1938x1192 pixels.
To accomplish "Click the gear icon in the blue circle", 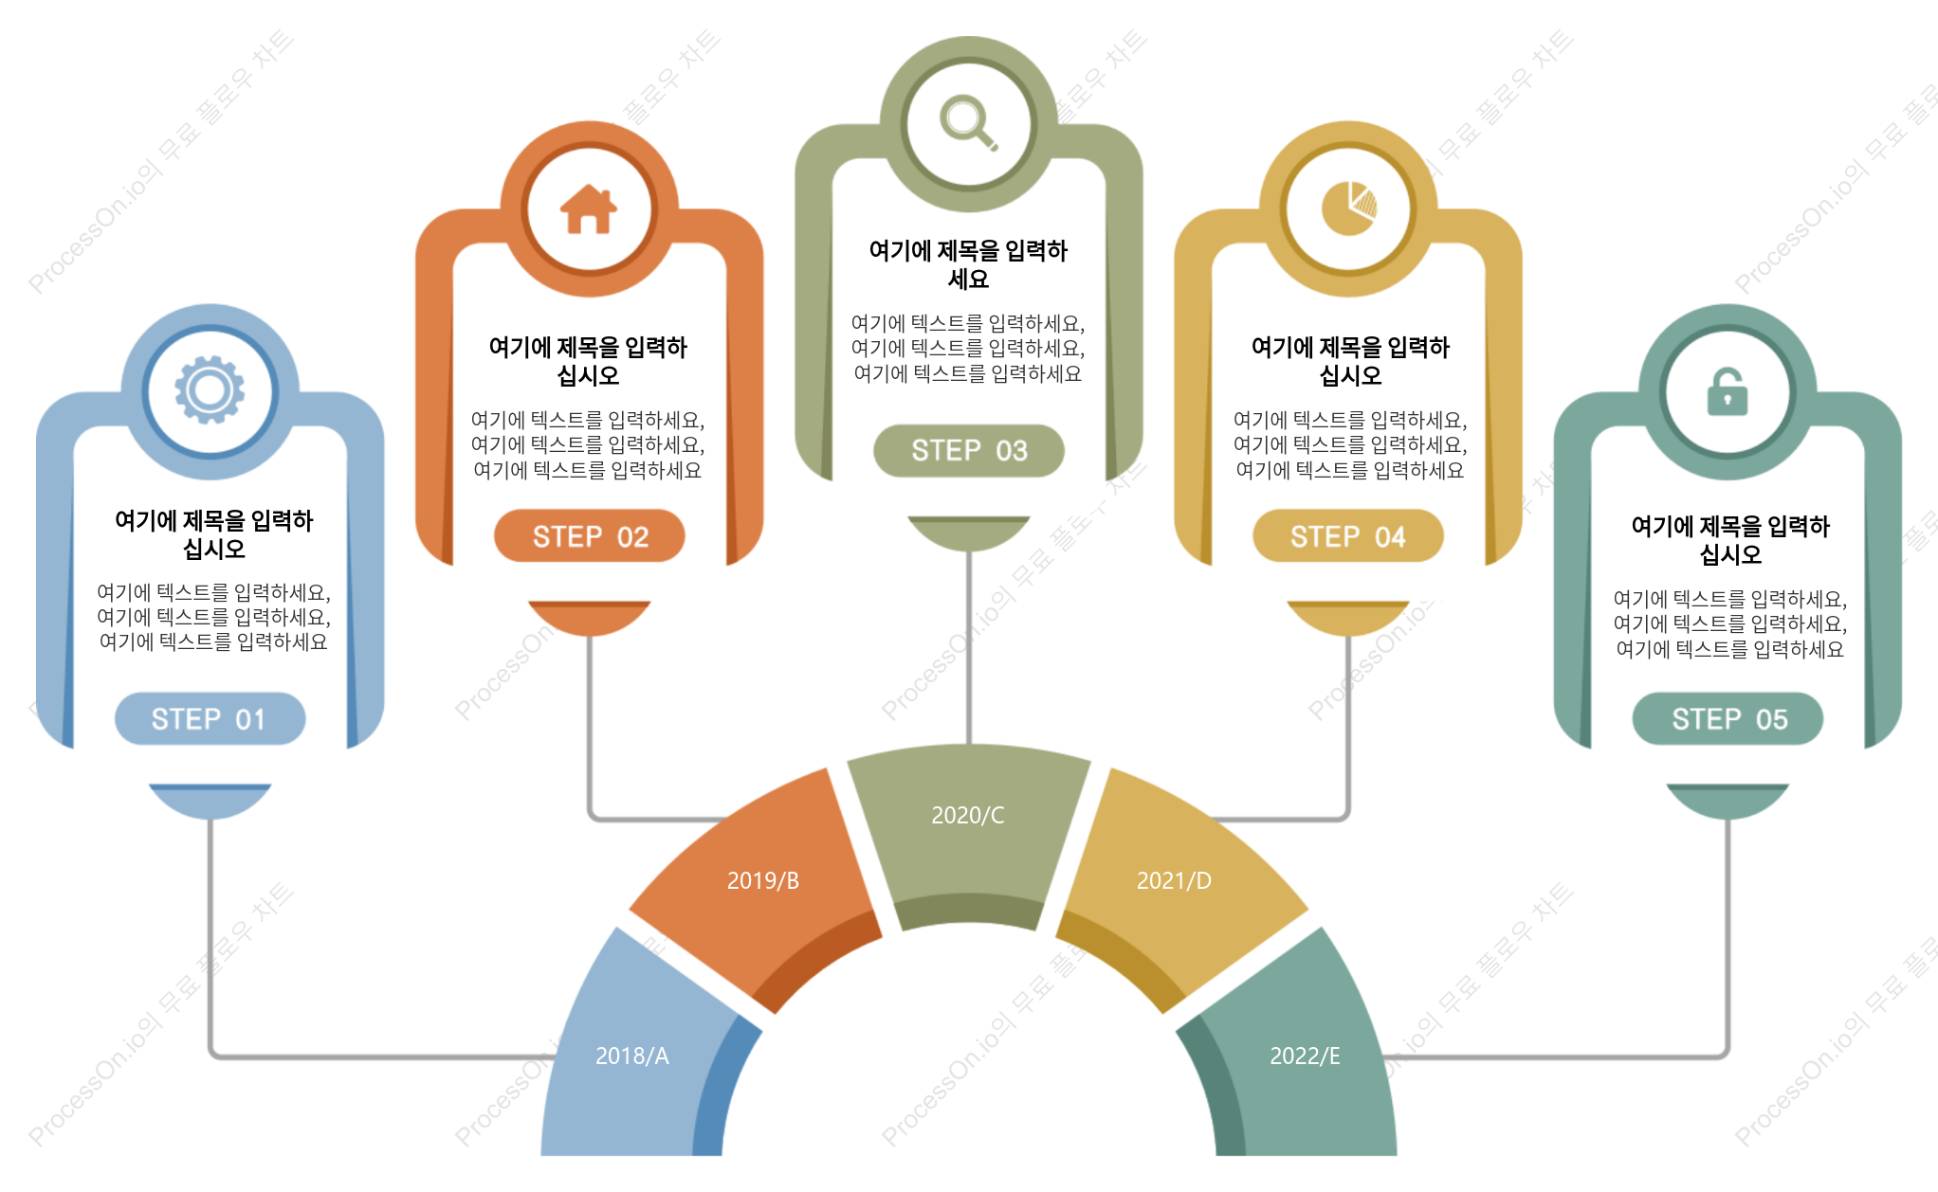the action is pos(210,389).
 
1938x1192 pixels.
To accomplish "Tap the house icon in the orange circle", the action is pos(589,208).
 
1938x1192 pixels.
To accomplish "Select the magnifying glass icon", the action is pos(969,123).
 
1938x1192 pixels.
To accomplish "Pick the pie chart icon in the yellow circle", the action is pos(1348,208).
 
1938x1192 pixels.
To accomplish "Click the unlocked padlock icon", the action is pos(1728,391).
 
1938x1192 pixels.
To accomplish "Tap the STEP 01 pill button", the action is pos(210,719).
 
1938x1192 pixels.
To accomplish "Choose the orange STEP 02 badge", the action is pos(590,536).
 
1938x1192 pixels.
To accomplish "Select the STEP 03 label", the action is pos(969,450).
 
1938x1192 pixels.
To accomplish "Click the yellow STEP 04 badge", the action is pos(1348,536).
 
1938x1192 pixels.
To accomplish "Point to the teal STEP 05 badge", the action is pos(1728,719).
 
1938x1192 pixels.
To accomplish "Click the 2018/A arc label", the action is pos(632,1056).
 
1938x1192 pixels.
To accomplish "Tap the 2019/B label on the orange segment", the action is pos(763,880).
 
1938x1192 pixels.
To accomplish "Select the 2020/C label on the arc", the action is pos(968,815).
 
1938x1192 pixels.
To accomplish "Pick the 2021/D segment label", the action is pos(1174,880).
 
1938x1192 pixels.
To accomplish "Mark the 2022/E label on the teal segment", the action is pos(1305,1056).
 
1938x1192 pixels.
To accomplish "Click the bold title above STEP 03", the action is pos(968,264).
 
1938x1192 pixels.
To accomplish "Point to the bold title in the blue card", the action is pos(213,534).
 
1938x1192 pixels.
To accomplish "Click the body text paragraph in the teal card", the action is pos(1730,623).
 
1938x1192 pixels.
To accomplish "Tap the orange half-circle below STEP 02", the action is pos(590,618).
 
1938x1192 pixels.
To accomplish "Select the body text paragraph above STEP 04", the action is pos(1350,444).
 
